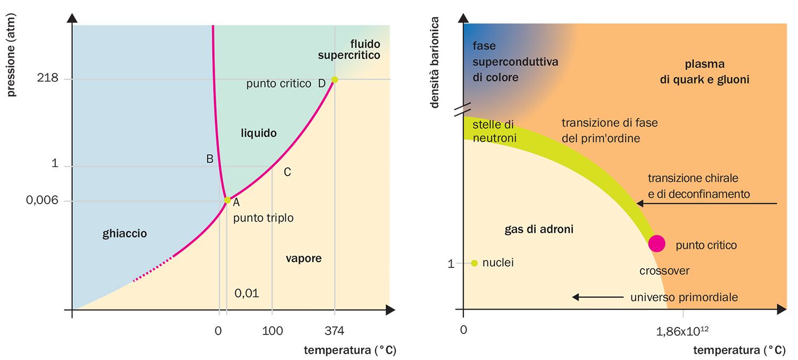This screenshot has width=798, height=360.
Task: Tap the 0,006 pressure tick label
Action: click(41, 201)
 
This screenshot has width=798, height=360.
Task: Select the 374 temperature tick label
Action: click(334, 331)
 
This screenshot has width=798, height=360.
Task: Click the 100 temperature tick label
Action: click(272, 331)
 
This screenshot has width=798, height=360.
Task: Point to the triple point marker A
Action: click(227, 200)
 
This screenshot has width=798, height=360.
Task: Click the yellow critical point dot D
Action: click(335, 80)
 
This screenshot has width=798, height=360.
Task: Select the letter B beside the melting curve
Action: click(210, 158)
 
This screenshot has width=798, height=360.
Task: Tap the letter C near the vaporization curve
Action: click(287, 172)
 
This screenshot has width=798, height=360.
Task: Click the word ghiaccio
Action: click(124, 233)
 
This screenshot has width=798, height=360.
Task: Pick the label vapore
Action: click(303, 259)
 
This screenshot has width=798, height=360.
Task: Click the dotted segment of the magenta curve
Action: click(152, 269)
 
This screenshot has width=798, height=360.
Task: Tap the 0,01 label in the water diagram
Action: click(247, 293)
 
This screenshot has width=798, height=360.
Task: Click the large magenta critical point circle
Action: click(656, 243)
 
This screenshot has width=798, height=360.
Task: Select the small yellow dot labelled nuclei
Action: click(475, 263)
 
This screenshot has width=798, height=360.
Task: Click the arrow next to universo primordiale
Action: click(597, 297)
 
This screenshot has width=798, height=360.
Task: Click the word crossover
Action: click(664, 271)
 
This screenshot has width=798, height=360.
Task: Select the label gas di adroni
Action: click(538, 230)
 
